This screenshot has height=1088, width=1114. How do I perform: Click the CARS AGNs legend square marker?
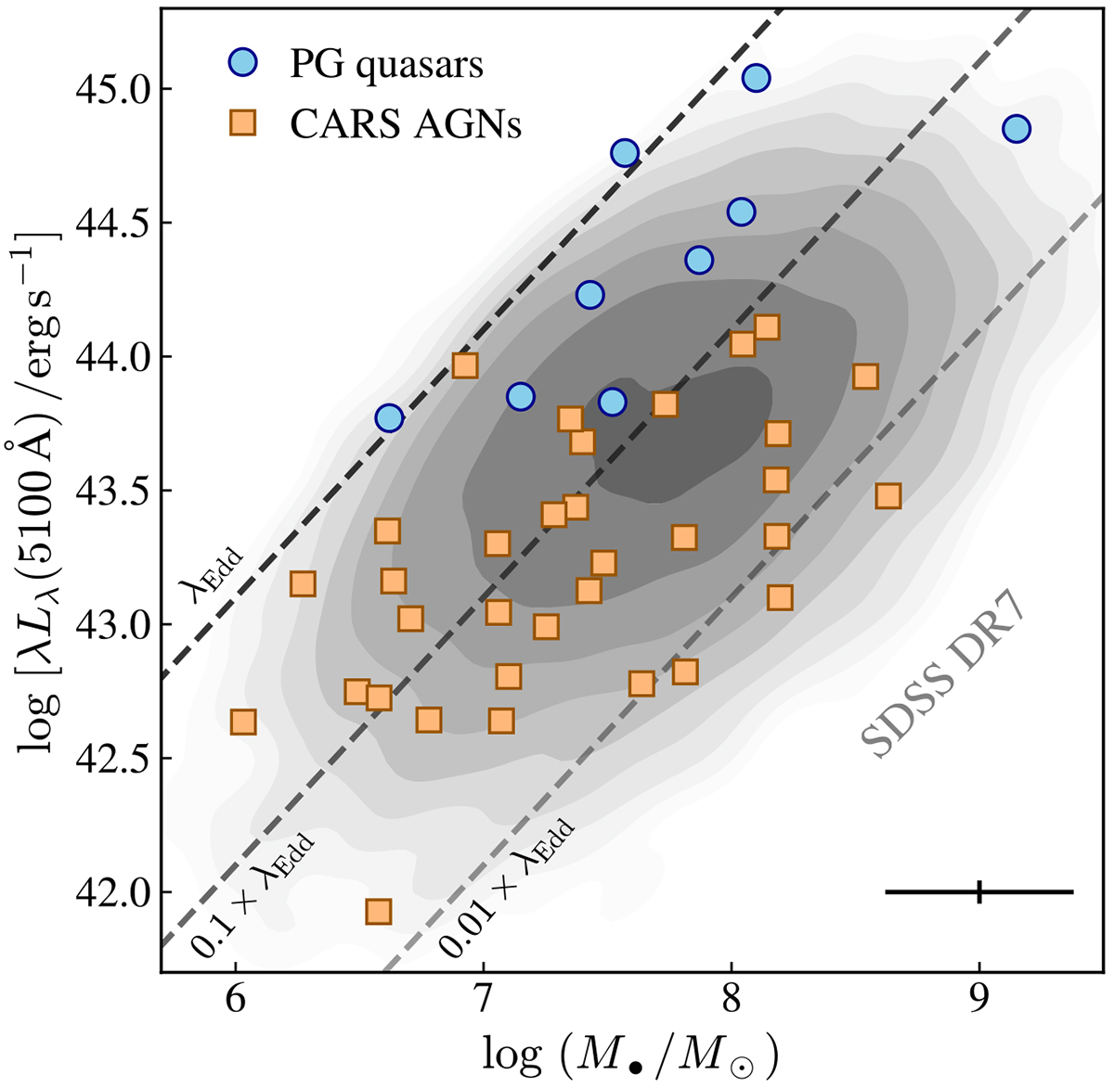(x=245, y=123)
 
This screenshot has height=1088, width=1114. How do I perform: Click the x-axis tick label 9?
(x=979, y=1007)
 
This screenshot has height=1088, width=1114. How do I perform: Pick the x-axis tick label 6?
(x=235, y=1007)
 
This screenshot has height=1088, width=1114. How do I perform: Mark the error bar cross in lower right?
(x=979, y=892)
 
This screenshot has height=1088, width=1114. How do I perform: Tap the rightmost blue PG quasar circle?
(x=1017, y=129)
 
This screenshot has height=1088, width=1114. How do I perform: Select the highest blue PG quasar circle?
(x=757, y=77)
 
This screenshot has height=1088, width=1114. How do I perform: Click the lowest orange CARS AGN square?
(x=378, y=912)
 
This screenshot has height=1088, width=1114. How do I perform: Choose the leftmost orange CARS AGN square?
(x=242, y=722)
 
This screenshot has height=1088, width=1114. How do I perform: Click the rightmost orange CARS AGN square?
(x=888, y=496)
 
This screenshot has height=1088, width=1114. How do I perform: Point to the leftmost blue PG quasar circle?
(x=389, y=418)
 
